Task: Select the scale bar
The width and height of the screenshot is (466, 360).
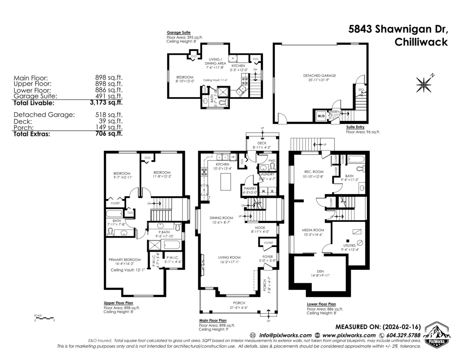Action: (x=44, y=318)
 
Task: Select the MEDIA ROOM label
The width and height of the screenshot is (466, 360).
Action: (x=313, y=230)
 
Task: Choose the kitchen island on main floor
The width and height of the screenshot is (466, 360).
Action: (x=226, y=182)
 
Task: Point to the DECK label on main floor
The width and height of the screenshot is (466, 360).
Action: (x=262, y=143)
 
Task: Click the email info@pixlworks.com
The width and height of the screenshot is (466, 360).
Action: (x=285, y=335)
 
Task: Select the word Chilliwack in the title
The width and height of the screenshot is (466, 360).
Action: (x=421, y=42)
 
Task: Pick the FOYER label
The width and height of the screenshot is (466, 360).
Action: (x=268, y=257)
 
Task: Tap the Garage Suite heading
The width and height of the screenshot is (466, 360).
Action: (x=178, y=33)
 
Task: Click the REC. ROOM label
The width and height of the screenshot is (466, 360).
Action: (x=314, y=172)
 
